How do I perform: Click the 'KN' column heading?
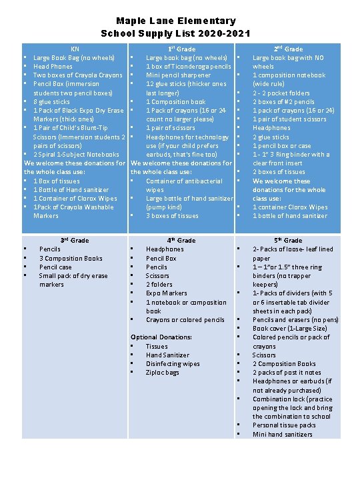tap(75, 49)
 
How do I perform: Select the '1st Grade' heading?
tap(181, 49)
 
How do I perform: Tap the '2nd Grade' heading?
tap(288, 49)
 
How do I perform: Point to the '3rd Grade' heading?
tap(75, 240)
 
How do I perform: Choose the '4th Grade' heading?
tap(181, 240)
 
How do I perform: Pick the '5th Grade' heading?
tap(288, 240)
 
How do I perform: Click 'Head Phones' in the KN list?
tap(53, 67)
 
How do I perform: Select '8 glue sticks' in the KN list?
tap(51, 102)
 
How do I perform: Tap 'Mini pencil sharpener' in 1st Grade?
tap(179, 75)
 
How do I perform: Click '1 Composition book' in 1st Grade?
tap(176, 102)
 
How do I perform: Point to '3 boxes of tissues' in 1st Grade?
tap(172, 216)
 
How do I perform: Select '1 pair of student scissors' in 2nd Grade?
tap(289, 119)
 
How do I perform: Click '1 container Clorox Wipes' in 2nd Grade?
tap(290, 207)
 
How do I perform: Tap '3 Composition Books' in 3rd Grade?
tap(71, 258)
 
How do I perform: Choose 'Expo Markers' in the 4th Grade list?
tap(167, 293)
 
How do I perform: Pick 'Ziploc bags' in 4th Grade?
tap(163, 373)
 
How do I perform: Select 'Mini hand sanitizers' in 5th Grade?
tap(282, 434)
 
